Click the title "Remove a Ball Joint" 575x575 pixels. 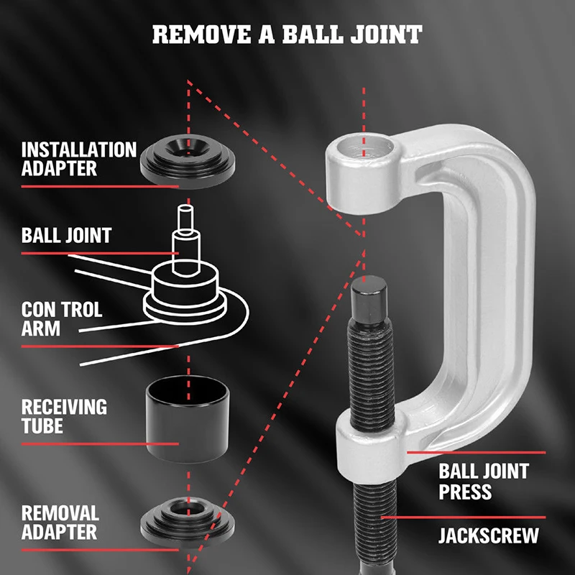[x=287, y=34]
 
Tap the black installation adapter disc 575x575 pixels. [x=188, y=161]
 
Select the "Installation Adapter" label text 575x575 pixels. [x=78, y=159]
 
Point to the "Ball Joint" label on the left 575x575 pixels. [x=66, y=235]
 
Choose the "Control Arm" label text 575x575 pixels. [x=62, y=318]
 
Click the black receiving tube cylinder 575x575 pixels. [x=188, y=419]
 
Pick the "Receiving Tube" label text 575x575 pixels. [x=64, y=416]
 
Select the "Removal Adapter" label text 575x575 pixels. [x=60, y=523]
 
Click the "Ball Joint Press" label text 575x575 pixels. [x=484, y=482]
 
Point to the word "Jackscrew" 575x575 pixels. [x=489, y=535]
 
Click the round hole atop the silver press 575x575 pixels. [x=366, y=147]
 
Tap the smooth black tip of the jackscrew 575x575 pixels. [x=369, y=300]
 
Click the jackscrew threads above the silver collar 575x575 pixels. [x=371, y=374]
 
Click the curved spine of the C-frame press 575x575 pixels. [x=502, y=293]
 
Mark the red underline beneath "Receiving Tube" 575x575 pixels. [x=100, y=444]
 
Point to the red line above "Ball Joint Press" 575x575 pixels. [x=476, y=453]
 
